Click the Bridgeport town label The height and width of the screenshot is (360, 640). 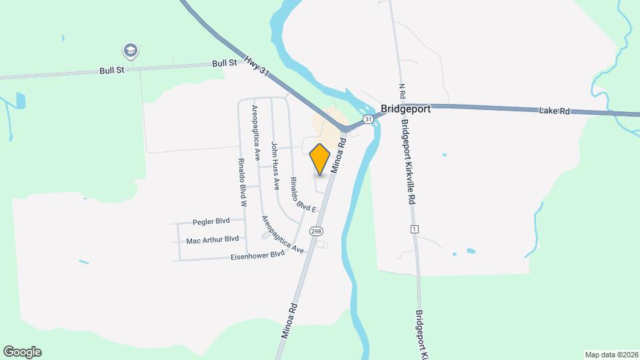pyautogui.click(x=405, y=109)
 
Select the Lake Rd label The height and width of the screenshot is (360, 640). pyautogui.click(x=555, y=111)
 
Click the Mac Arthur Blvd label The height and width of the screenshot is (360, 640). pyautogui.click(x=212, y=239)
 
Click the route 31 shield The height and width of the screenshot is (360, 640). pyautogui.click(x=367, y=119)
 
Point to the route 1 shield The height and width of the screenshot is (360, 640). pyautogui.click(x=415, y=229)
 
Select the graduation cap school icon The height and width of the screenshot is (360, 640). pyautogui.click(x=130, y=50)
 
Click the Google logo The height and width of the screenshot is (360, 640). pyautogui.click(x=22, y=352)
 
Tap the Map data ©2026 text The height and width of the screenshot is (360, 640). pyautogui.click(x=611, y=354)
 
